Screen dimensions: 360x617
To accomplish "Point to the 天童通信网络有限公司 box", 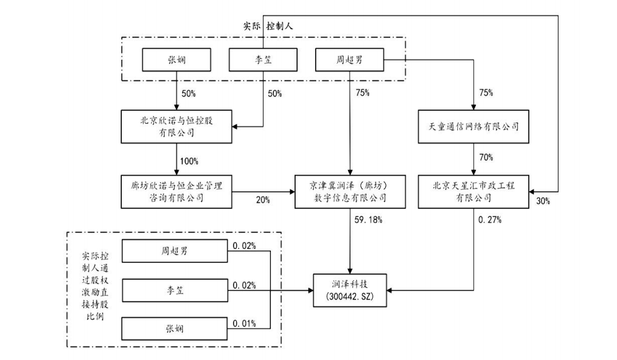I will point(474,126).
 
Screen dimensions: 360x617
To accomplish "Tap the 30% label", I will point(542,201).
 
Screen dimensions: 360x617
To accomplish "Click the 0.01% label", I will point(244,323).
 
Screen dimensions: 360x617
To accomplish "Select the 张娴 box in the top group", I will point(176,60).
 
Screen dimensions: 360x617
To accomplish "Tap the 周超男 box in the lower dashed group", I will point(176,251).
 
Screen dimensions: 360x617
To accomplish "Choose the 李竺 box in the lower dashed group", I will point(176,290).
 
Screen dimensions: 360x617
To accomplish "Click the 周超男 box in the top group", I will point(349,60).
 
